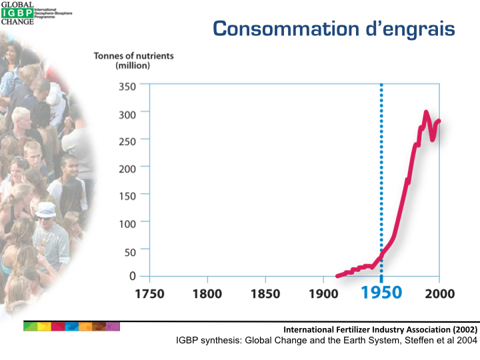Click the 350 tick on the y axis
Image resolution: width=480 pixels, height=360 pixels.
pos(127,87)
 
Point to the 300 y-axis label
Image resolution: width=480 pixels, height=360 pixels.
pos(127,114)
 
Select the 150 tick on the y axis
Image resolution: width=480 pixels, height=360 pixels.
pos(127,195)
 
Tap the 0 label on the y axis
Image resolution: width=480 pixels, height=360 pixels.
pos(133,276)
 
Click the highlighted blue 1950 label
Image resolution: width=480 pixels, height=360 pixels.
pos(381,293)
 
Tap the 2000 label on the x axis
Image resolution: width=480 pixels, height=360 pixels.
pos(439,293)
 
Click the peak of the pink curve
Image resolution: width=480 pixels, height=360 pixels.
pos(426,112)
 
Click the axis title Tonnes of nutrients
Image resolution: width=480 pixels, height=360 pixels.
pos(133,56)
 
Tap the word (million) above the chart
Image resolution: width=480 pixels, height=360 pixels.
pos(133,66)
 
